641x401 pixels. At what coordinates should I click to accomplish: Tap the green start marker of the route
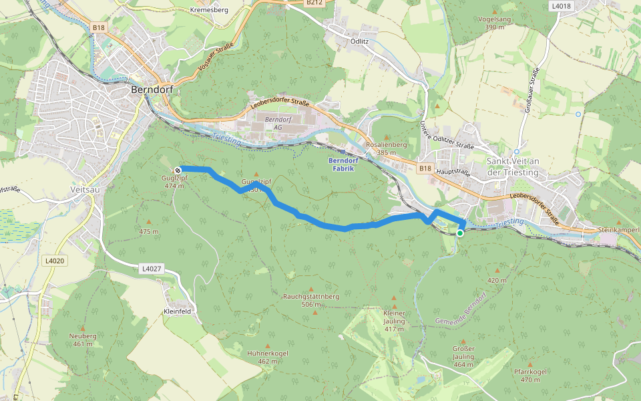pyautogui.click(x=460, y=233)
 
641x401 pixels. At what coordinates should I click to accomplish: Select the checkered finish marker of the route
pyautogui.click(x=178, y=170)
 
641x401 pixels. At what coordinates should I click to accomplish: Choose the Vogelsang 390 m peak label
pyautogui.click(x=495, y=23)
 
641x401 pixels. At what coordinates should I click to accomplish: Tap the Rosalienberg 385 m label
pyautogui.click(x=386, y=148)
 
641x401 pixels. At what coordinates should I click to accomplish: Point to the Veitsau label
pyautogui.click(x=84, y=189)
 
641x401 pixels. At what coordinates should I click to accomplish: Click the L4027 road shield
pyautogui.click(x=152, y=269)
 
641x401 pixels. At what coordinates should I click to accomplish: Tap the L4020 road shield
pyautogui.click(x=54, y=261)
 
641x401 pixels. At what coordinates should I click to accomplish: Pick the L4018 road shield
pyautogui.click(x=561, y=6)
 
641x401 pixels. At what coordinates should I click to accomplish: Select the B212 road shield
pyautogui.click(x=314, y=3)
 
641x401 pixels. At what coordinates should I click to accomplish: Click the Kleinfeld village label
pyautogui.click(x=178, y=311)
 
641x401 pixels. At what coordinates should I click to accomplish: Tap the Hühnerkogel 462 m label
pyautogui.click(x=267, y=357)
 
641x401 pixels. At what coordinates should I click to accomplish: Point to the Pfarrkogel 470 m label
pyautogui.click(x=530, y=375)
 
